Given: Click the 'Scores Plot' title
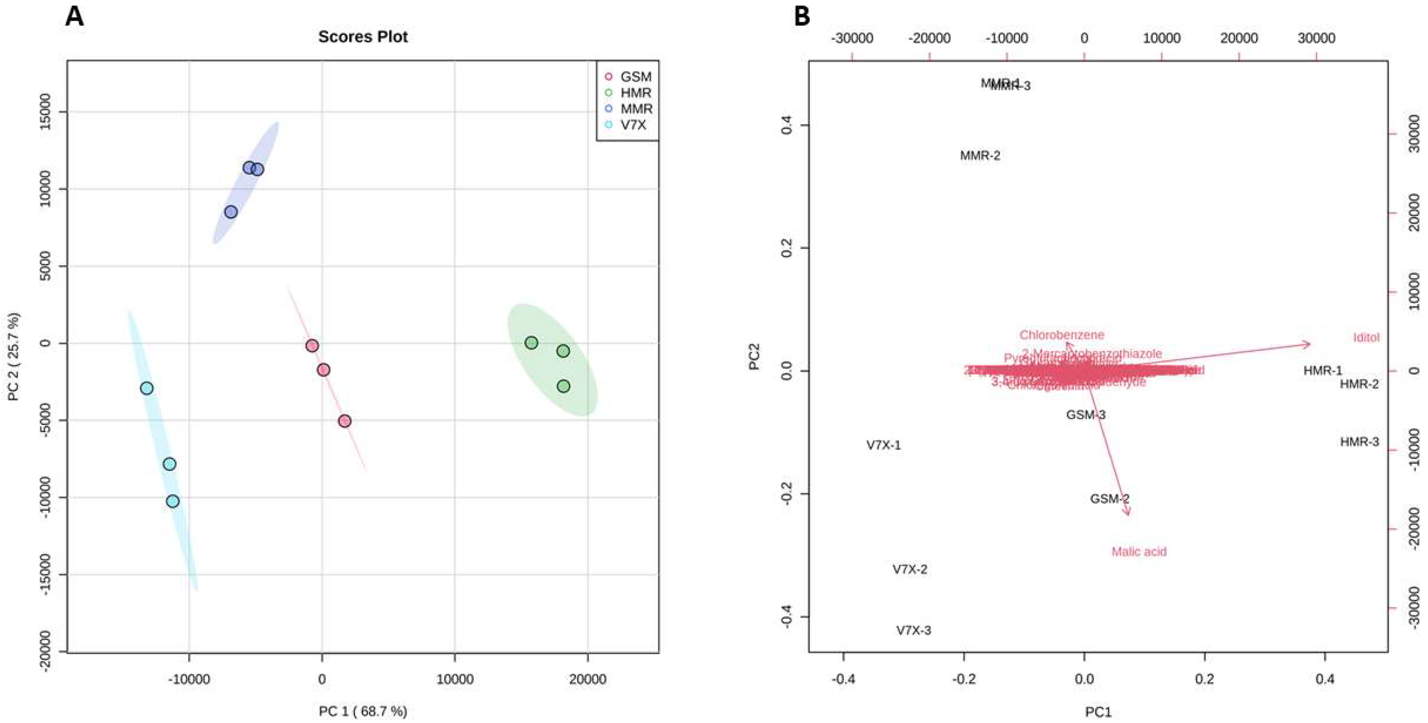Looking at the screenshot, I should (x=363, y=37).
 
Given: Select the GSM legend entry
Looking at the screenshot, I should (x=635, y=76).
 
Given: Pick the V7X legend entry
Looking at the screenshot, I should (x=633, y=125).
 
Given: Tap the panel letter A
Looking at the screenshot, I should (x=74, y=17).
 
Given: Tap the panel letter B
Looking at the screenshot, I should (x=802, y=17).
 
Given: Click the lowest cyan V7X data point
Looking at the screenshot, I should (x=173, y=501).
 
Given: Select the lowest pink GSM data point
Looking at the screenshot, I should (x=345, y=421).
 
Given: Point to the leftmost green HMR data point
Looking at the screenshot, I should (x=531, y=342).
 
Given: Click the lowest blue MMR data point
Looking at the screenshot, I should (x=231, y=212).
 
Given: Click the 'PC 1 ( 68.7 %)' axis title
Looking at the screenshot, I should (x=363, y=711).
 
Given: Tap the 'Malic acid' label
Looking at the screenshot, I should (x=1139, y=552).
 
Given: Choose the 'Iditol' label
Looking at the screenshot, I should (x=1366, y=337).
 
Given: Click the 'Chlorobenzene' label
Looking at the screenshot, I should (x=1062, y=335).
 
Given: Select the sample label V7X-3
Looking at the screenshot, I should (x=914, y=631).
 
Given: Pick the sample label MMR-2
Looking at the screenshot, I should (x=980, y=156).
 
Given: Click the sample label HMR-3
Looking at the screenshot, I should (x=1359, y=442).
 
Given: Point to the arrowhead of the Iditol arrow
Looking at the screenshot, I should (x=1308, y=344).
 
